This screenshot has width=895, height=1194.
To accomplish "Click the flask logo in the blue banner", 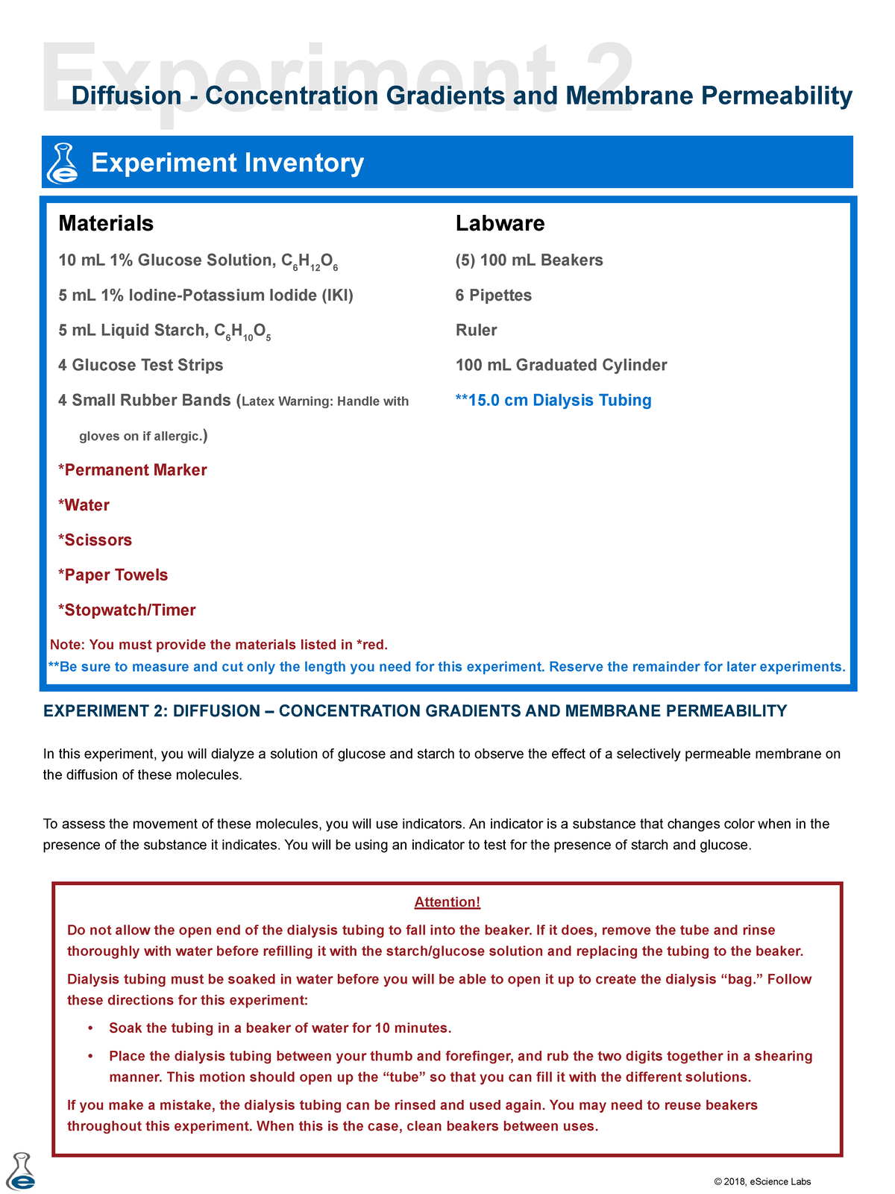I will coord(63,163).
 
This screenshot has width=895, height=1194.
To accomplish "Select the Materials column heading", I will coord(106,223).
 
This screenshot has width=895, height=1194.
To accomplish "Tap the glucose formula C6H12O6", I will coord(310,262).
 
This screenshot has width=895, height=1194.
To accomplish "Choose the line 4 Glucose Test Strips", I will coord(141,365).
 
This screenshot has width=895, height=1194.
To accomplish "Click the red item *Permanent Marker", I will coord(133,470).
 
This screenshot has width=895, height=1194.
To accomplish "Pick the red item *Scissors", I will coord(95,540).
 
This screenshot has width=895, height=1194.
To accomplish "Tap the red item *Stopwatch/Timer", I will coord(127,610).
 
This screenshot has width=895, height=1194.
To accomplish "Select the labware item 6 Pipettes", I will coord(494,296).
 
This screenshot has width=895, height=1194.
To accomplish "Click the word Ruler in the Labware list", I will coord(476,330).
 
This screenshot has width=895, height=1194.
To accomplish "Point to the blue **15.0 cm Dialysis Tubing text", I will coord(553,401).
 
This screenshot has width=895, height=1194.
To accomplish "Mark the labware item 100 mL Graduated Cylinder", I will coord(561,365).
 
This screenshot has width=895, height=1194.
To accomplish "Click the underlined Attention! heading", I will coord(447,902).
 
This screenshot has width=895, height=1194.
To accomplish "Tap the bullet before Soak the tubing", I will coord(90,1028).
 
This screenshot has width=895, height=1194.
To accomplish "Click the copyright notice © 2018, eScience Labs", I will coord(762,1181).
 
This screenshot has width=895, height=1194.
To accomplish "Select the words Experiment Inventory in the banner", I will coord(227,163).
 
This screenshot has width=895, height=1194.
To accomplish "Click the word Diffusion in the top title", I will coord(126,96).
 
